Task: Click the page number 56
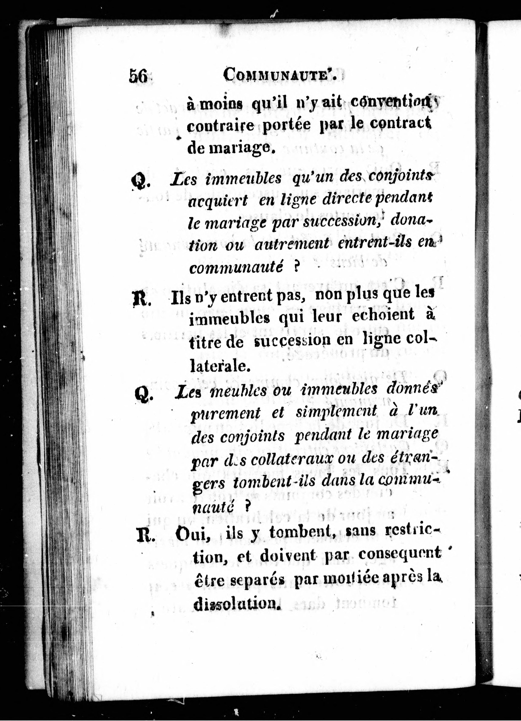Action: [x=138, y=76]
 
